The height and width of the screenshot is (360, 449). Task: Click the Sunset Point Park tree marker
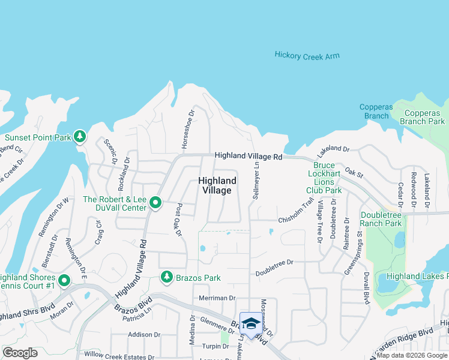[79, 137]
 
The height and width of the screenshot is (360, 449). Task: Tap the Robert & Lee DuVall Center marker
[155, 203]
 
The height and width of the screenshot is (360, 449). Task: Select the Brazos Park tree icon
[166, 277]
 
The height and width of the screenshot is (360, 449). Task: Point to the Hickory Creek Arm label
[307, 55]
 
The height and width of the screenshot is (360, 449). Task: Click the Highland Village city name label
[215, 185]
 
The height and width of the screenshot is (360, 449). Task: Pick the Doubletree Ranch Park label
[382, 219]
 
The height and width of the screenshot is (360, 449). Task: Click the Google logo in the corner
[20, 353]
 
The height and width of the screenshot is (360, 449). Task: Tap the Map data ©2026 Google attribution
[412, 355]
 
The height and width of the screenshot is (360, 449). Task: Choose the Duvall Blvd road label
[366, 288]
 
